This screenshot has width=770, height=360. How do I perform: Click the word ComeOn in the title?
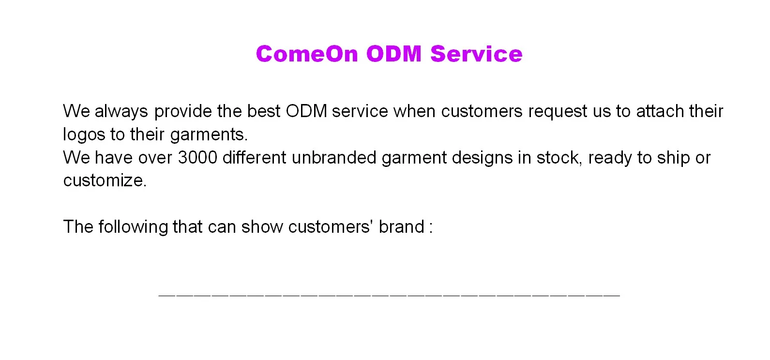pyautogui.click(x=307, y=54)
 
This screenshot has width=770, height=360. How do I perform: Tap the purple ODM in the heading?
pyautogui.click(x=394, y=54)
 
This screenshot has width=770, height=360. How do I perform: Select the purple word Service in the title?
pyautogui.click(x=476, y=54)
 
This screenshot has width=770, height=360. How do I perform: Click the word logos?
pyautogui.click(x=84, y=135)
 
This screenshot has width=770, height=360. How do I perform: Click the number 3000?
pyautogui.click(x=197, y=157)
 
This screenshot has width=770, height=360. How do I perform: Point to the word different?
pyautogui.click(x=254, y=157)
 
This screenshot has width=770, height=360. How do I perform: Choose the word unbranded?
pyautogui.click(x=334, y=157)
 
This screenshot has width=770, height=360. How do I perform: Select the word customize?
pyautogui.click(x=105, y=180)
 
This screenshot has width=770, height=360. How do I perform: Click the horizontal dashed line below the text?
pyautogui.click(x=389, y=295)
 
